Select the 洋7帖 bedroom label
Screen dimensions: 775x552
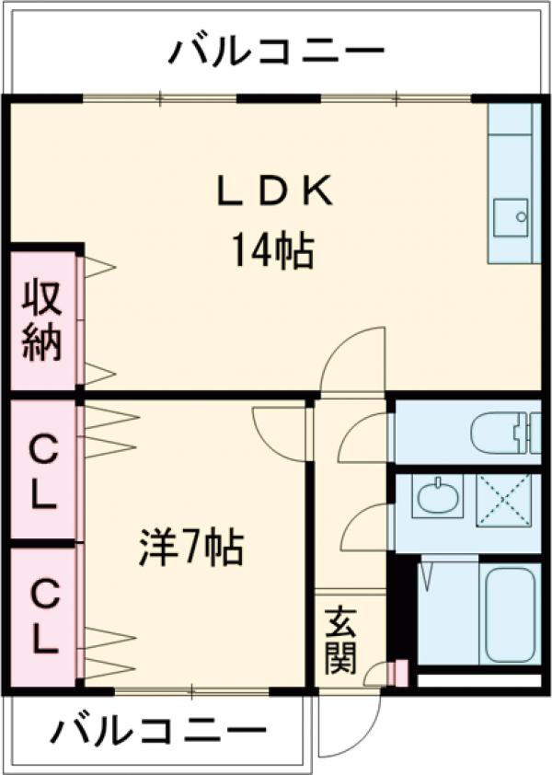point(191,549)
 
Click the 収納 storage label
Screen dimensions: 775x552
point(41,320)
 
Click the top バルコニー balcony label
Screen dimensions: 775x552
point(276,51)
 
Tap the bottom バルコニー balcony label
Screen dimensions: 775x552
point(152,734)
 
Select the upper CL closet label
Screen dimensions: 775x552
point(41,471)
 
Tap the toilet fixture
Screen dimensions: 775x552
point(502,434)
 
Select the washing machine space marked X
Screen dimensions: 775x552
point(503,500)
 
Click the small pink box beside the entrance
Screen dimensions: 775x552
point(399,673)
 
